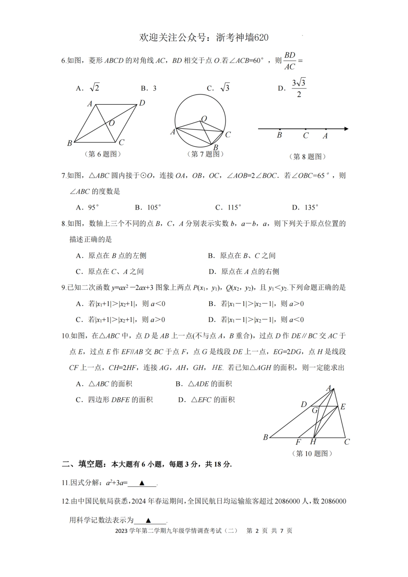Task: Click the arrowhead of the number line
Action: click(346, 128)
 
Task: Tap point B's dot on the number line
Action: click(280, 129)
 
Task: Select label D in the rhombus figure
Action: click(142, 103)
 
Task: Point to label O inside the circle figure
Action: click(204, 118)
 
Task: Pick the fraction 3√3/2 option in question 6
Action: click(299, 88)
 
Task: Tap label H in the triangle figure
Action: click(313, 442)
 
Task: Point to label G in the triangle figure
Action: click(315, 410)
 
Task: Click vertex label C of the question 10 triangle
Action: click(347, 442)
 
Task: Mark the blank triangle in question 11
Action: click(142, 483)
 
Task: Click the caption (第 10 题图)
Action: click(312, 453)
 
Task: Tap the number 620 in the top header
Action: click(261, 38)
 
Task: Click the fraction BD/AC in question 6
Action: click(290, 61)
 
